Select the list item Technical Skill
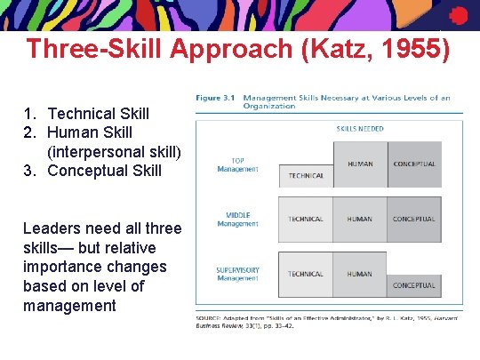(x=98, y=114)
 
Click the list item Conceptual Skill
(x=104, y=170)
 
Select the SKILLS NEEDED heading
(x=359, y=129)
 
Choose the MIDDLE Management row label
(x=237, y=219)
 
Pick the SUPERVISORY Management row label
(x=237, y=274)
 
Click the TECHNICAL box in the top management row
(x=306, y=176)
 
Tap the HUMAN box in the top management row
(x=360, y=164)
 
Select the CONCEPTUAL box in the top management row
(x=413, y=164)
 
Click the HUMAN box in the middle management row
(x=360, y=219)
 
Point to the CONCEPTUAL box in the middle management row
(x=413, y=219)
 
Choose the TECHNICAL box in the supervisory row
(x=306, y=274)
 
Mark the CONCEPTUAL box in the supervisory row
(x=413, y=285)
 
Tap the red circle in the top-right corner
(x=458, y=15)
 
